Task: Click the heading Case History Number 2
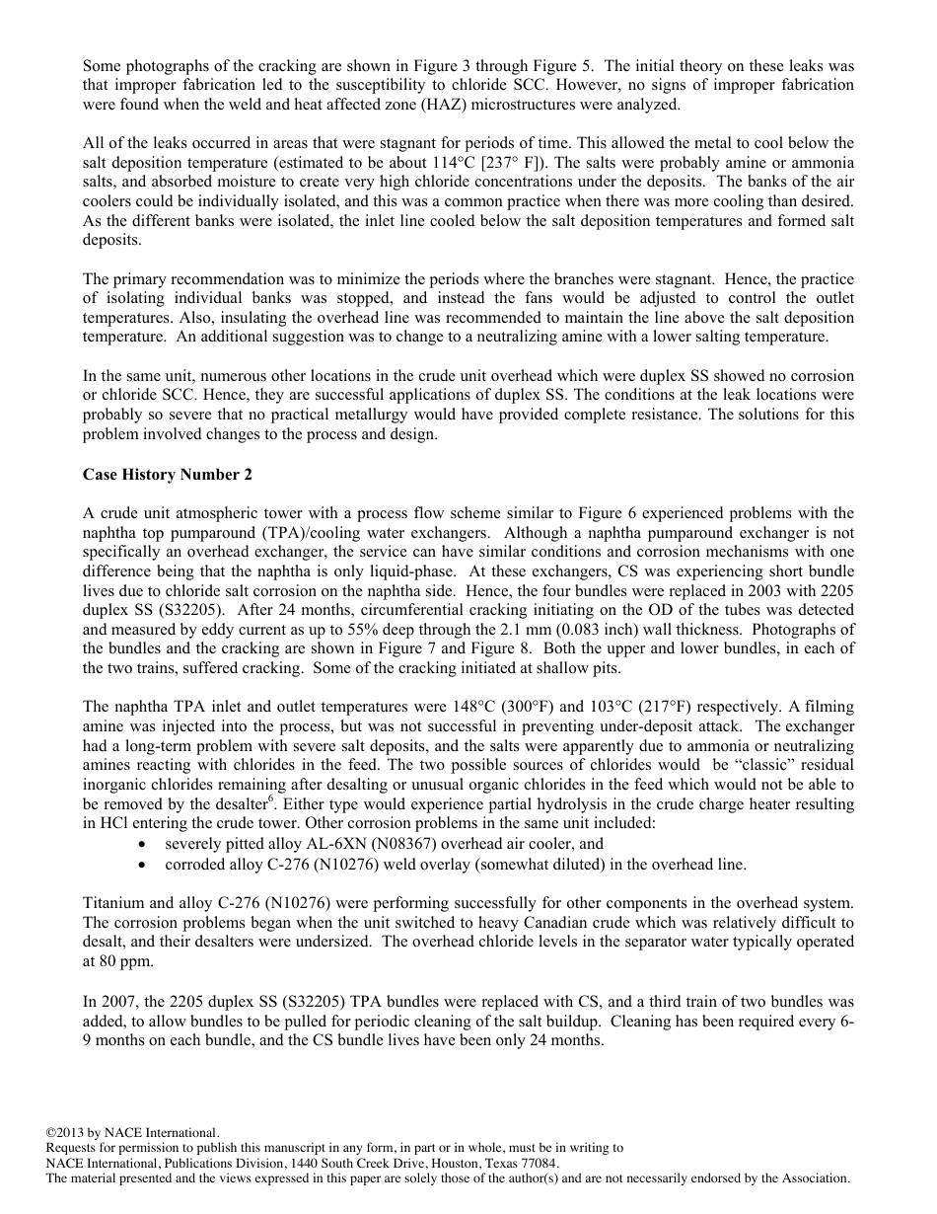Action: pos(168,475)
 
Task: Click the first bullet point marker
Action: pos(146,845)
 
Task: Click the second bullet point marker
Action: pos(146,864)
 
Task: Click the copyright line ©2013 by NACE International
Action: pos(133,1133)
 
